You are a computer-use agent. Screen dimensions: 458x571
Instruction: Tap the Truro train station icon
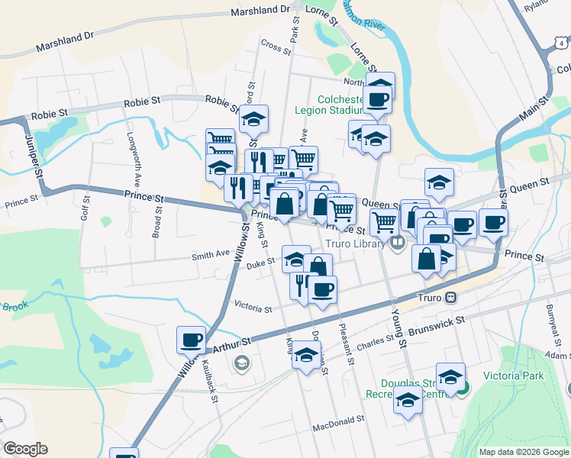pos(451,297)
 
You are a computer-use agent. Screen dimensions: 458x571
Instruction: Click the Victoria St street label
pos(253,308)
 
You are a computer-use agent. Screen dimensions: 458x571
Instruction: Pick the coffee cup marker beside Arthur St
pos(191,339)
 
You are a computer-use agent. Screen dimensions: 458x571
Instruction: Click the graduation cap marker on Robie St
pos(253,118)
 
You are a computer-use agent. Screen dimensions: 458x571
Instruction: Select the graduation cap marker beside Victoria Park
pos(450,376)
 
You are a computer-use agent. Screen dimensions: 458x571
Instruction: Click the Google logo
pos(24,449)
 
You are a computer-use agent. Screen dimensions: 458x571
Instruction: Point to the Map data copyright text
pos(523,452)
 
